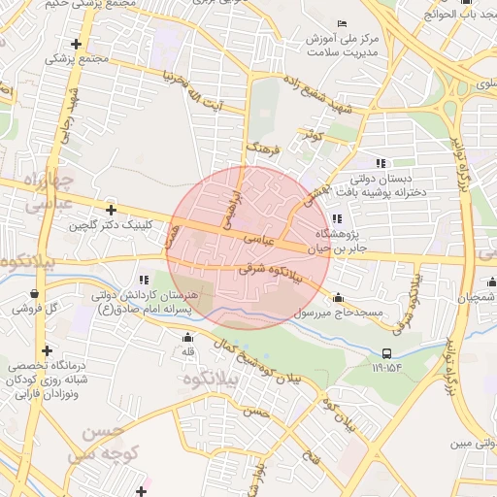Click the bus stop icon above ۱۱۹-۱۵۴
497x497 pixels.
point(387,353)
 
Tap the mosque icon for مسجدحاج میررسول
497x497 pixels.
point(338,298)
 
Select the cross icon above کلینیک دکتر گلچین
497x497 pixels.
point(112,210)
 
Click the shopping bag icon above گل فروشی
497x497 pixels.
point(36,293)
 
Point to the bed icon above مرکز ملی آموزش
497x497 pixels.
point(340,23)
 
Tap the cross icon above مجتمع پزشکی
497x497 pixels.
point(76,44)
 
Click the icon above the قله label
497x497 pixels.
point(188,337)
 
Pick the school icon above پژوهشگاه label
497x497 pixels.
point(336,218)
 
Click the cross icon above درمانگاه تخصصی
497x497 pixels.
point(46,350)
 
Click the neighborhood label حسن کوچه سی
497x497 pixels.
point(100,441)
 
